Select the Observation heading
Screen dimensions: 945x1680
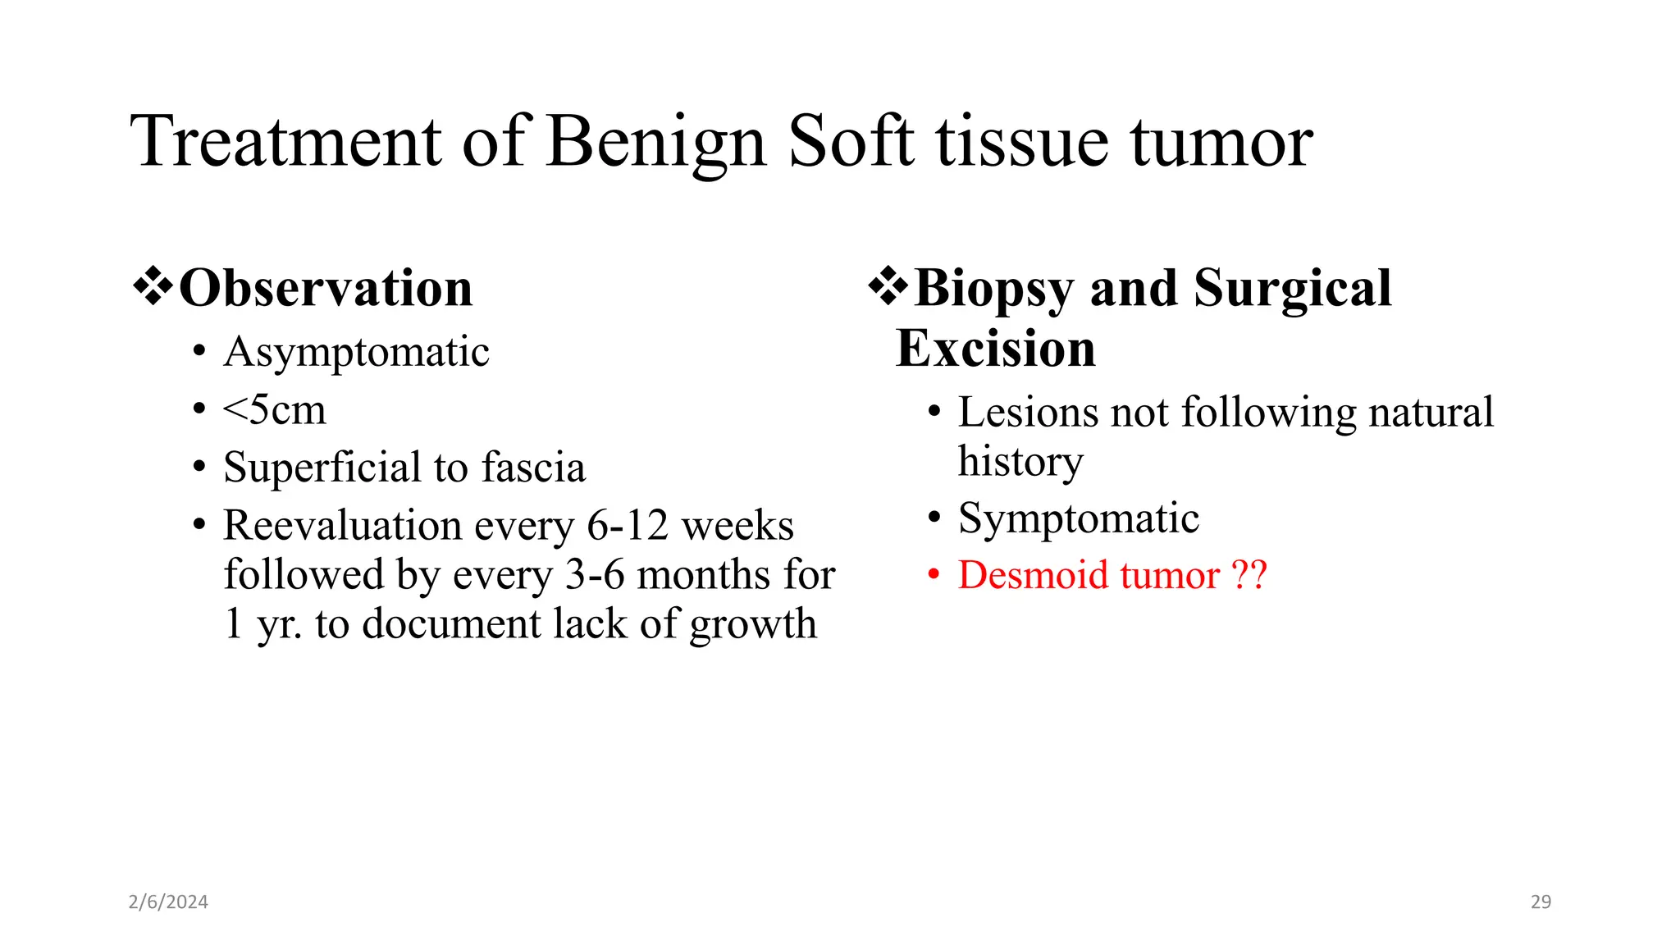326,289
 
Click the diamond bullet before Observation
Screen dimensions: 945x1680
153,287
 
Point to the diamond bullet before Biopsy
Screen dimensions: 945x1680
888,287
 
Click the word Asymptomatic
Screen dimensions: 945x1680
356,353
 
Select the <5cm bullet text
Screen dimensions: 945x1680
274,410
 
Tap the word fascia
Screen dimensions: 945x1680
533,468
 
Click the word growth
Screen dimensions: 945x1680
753,625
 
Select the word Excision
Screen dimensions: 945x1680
996,349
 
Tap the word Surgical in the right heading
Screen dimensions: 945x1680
1293,289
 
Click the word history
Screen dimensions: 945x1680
1020,462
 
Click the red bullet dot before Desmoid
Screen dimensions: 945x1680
934,575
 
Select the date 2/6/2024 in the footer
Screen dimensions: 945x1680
168,902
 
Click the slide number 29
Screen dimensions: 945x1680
1541,902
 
